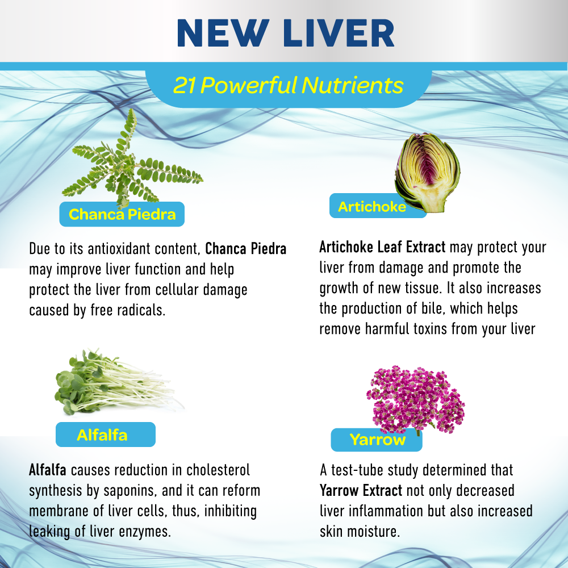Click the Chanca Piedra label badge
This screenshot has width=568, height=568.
[x=122, y=214]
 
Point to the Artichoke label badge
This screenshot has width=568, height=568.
[x=372, y=206]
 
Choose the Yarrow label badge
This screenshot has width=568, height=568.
[x=377, y=440]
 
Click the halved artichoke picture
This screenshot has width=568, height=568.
[x=427, y=172]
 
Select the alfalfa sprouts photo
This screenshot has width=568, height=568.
[x=120, y=383]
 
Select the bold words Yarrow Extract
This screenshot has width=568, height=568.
[x=361, y=490]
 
